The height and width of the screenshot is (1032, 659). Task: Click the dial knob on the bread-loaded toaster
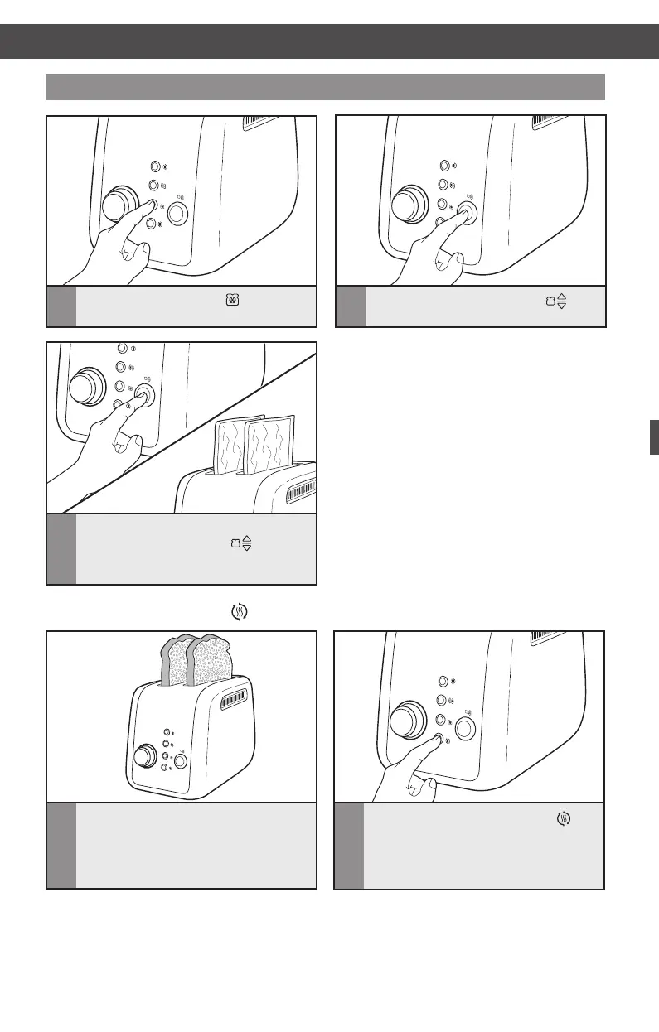(x=145, y=757)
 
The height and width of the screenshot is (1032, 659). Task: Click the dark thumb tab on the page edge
(x=653, y=436)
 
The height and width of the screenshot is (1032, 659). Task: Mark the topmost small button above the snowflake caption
(x=154, y=167)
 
